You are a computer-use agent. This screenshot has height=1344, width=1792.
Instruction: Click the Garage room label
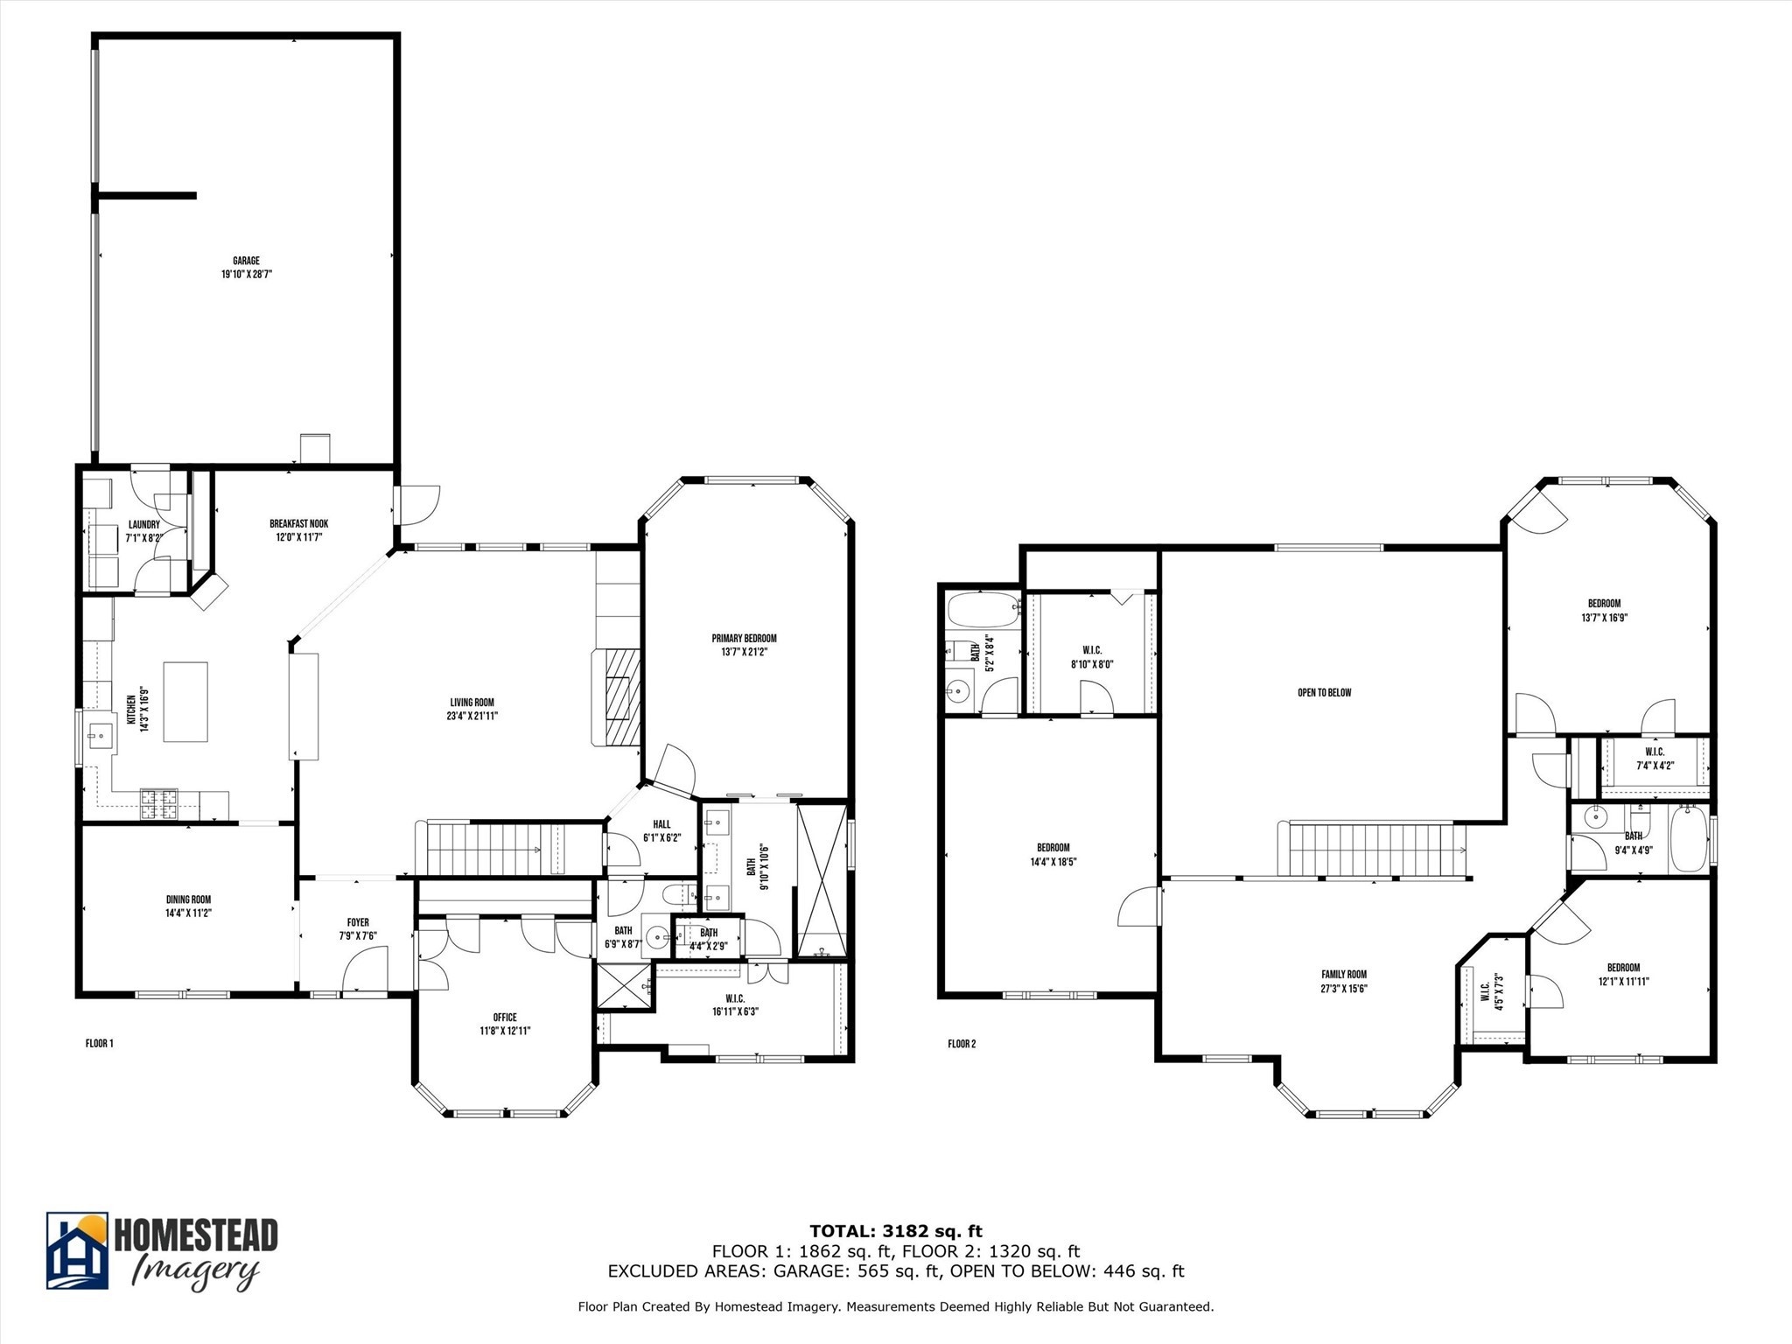(x=246, y=261)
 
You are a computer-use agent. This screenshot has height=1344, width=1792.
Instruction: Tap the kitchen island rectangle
(x=185, y=702)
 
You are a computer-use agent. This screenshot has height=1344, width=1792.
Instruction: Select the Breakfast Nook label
(x=298, y=524)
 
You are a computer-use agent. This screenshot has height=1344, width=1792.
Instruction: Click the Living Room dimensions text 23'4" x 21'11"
(x=472, y=716)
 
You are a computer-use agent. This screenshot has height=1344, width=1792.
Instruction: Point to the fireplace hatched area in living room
(x=619, y=685)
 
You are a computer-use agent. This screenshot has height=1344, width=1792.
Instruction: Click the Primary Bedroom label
(x=744, y=638)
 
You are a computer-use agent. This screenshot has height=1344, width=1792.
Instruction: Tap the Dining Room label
(x=188, y=899)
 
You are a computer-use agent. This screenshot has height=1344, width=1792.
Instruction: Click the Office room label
(x=505, y=1017)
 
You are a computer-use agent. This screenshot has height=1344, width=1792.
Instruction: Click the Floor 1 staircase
(x=494, y=849)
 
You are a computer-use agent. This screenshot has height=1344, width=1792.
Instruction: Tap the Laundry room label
(x=143, y=525)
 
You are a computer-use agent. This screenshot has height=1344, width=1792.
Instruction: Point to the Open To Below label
(x=1324, y=693)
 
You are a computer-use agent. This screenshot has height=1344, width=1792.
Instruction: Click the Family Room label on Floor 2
(x=1344, y=974)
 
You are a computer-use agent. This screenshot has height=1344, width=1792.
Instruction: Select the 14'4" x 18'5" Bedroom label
(x=1053, y=848)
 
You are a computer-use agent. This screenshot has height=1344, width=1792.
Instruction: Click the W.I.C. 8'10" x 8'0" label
(x=1092, y=650)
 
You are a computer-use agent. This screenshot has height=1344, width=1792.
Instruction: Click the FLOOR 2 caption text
(x=962, y=1044)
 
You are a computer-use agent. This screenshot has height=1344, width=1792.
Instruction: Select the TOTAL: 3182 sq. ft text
(x=895, y=1232)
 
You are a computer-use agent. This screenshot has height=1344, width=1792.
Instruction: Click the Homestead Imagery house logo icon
(x=78, y=1250)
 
